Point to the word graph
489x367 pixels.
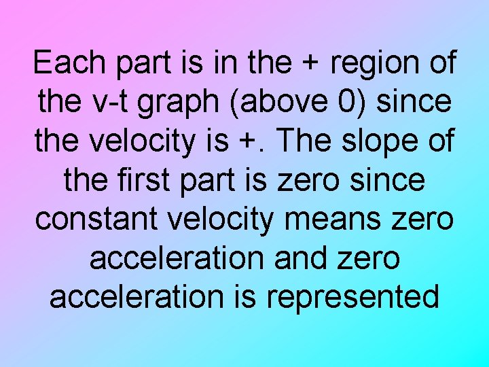(183, 103)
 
